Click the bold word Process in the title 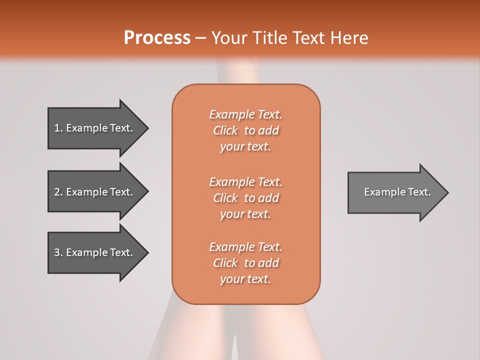click(157, 37)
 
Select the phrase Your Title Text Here click(290, 38)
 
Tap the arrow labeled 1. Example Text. click(93, 128)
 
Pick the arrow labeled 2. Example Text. click(93, 192)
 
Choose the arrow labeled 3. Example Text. click(93, 252)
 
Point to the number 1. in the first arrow click(58, 128)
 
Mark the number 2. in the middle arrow click(58, 192)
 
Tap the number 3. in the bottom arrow click(58, 252)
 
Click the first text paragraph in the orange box click(245, 130)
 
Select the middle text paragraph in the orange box click(245, 198)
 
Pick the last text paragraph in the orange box click(245, 263)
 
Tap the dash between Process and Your click(201, 38)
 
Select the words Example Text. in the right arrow click(397, 192)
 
